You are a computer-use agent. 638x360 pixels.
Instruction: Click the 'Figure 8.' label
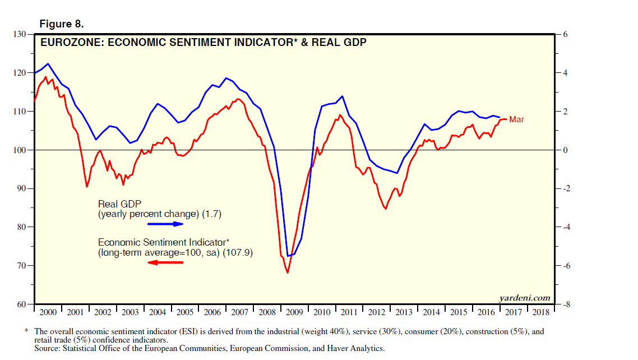(61, 24)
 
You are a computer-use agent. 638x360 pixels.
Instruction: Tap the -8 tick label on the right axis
(567, 304)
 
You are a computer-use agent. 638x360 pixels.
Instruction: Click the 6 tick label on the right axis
(565, 34)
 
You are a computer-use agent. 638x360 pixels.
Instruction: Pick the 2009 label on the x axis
(295, 312)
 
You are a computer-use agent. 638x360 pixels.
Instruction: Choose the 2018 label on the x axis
(540, 312)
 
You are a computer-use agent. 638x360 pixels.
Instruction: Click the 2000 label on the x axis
(48, 312)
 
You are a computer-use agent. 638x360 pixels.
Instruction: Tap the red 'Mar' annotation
(516, 119)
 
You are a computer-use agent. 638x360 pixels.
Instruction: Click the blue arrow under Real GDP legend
(165, 224)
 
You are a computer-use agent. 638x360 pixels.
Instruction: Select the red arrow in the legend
(165, 262)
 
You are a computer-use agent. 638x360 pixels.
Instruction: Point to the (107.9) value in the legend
(238, 253)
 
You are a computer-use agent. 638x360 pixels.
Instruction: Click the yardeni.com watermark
(524, 298)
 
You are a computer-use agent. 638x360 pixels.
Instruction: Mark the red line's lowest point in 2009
(288, 273)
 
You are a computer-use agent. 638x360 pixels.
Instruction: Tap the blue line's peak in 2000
(48, 63)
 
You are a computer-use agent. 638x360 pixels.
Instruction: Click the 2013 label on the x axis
(404, 312)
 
